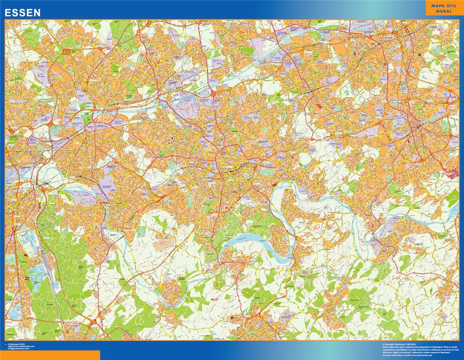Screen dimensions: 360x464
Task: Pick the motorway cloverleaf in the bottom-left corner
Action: point(93,323)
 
